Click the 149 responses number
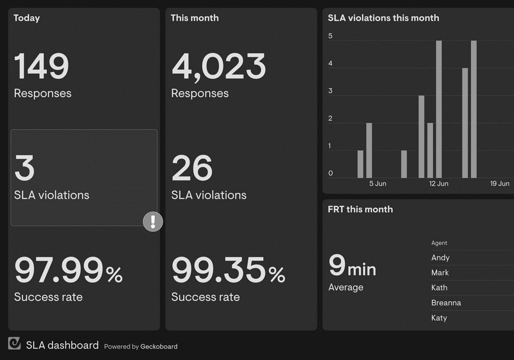click(41, 66)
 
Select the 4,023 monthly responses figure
click(218, 66)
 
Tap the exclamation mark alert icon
click(153, 222)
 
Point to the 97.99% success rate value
click(68, 271)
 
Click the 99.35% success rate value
click(228, 271)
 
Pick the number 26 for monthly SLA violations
click(192, 168)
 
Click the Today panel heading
click(27, 18)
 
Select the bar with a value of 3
click(421, 136)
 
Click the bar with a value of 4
click(465, 122)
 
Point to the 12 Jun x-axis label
click(438, 184)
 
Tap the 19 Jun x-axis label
click(500, 184)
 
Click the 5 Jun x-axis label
click(378, 184)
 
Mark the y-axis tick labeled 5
click(331, 37)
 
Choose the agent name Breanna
click(446, 303)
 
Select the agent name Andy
click(440, 258)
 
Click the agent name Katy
click(439, 318)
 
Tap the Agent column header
click(439, 243)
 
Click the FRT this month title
click(360, 209)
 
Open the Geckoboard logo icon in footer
click(14, 344)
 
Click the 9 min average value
click(352, 266)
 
